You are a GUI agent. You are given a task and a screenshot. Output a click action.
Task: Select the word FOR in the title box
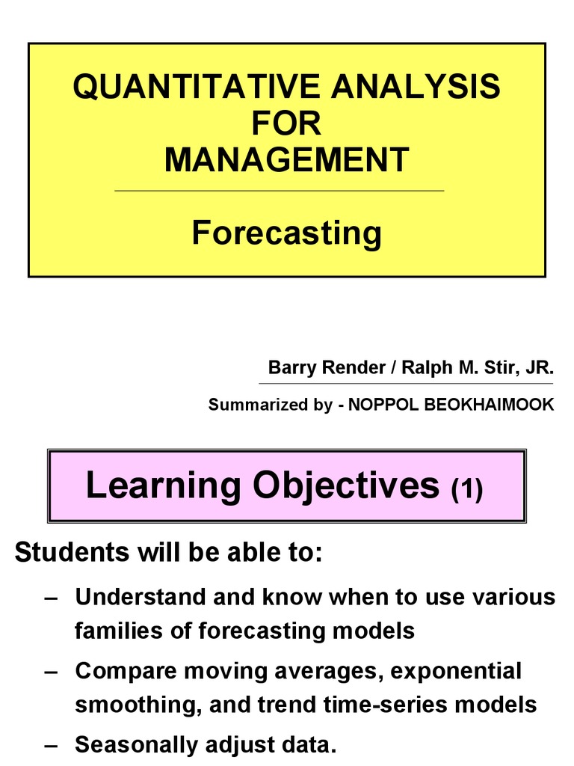pyautogui.click(x=286, y=123)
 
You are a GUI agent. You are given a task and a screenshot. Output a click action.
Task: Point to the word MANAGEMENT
pyautogui.click(x=286, y=159)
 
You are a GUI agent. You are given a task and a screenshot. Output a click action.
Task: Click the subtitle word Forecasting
pyautogui.click(x=286, y=233)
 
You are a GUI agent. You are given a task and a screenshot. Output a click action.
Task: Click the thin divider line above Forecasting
pyautogui.click(x=279, y=191)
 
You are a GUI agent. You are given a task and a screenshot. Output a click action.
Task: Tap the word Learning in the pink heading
pyautogui.click(x=161, y=485)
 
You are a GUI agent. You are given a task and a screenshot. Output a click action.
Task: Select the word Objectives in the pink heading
pyautogui.click(x=345, y=486)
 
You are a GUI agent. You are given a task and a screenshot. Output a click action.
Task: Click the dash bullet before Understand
pyautogui.click(x=51, y=598)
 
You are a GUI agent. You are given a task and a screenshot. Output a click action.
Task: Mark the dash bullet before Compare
pyautogui.click(x=51, y=671)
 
